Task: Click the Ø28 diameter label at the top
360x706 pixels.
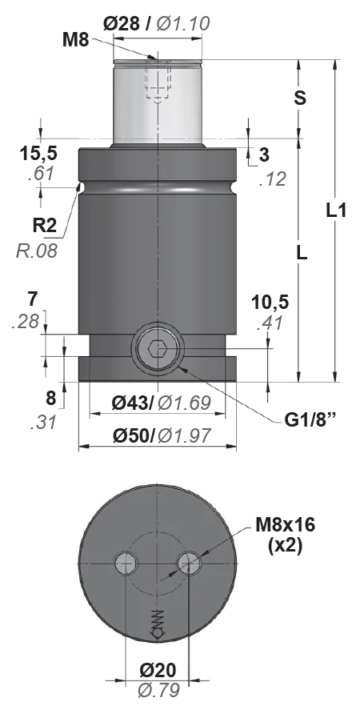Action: pyautogui.click(x=121, y=23)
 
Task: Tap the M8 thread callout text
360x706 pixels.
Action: pyautogui.click(x=76, y=41)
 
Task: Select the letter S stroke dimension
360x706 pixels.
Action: pyautogui.click(x=300, y=98)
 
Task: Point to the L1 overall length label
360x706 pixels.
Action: pyautogui.click(x=336, y=211)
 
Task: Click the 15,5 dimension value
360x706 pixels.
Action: pyautogui.click(x=38, y=154)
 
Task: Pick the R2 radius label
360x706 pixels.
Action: pyautogui.click(x=45, y=225)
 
